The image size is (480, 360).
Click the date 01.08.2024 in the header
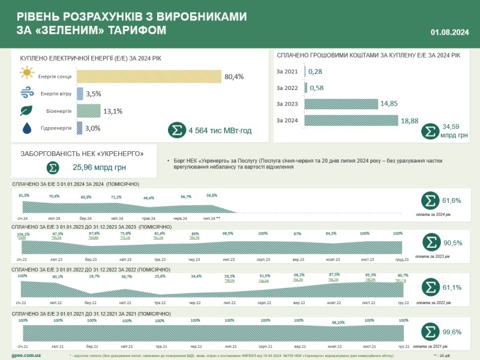(449, 32)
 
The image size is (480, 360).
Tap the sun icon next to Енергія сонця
(26, 75)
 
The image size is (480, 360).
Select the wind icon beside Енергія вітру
(26, 93)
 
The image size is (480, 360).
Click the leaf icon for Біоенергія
(26, 110)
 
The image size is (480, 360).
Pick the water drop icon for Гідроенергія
(26, 128)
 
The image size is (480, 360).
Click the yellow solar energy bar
(149, 76)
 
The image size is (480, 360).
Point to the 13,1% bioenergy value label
(113, 110)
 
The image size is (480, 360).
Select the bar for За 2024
(352, 121)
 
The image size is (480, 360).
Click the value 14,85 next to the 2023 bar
(389, 104)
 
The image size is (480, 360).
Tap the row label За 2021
(287, 72)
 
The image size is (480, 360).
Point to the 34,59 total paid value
(451, 127)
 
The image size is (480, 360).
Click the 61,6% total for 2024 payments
(451, 200)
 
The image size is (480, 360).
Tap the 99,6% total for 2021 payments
(451, 331)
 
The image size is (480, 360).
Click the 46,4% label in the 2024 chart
(148, 197)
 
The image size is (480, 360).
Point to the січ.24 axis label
(23, 218)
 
